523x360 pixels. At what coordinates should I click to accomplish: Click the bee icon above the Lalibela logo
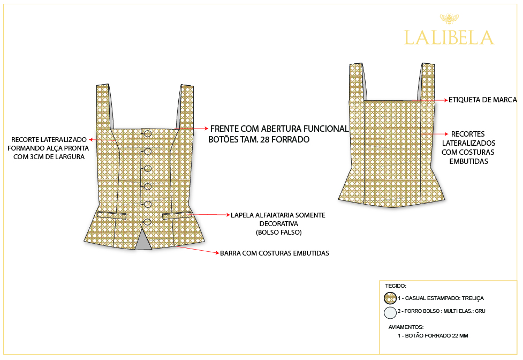coord(449,19)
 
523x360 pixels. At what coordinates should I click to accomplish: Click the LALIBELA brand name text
coord(449,37)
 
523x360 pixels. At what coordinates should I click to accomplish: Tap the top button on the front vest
coord(147,134)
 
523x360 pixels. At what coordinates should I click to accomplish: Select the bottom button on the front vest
coord(147,222)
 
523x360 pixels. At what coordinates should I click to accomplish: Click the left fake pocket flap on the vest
coord(112,215)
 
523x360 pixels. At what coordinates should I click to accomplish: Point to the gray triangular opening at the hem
coord(143,240)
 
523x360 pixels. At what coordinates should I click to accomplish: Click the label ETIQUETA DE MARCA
coord(483,100)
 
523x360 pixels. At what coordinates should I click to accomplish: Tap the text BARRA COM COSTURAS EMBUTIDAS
coord(275,253)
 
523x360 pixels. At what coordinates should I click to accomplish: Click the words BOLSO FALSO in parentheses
coord(279,232)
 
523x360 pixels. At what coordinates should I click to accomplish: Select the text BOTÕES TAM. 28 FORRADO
coord(259,139)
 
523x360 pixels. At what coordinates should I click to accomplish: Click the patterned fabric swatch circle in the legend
coord(390,298)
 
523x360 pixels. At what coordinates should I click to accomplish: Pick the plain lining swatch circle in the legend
coord(390,313)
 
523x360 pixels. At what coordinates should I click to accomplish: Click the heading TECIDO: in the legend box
coord(396,286)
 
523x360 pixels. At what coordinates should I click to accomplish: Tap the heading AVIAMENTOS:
coord(406,327)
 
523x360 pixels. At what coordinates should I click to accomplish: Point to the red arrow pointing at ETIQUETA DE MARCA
coord(430,100)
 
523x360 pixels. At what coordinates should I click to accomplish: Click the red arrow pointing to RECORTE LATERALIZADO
coord(102,140)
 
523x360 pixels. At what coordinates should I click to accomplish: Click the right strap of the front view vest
coord(185,107)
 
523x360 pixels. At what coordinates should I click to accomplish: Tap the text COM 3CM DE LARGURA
coord(49,157)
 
